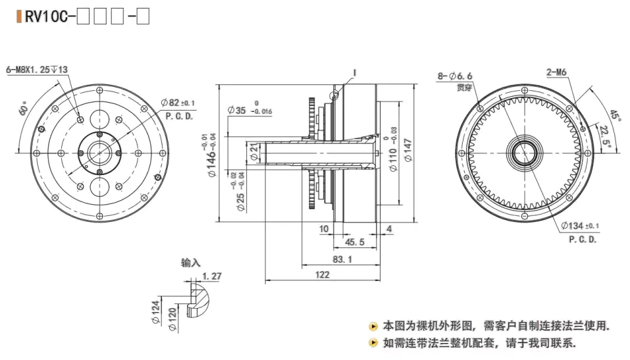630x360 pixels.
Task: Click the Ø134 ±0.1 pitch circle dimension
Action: coord(581,228)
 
